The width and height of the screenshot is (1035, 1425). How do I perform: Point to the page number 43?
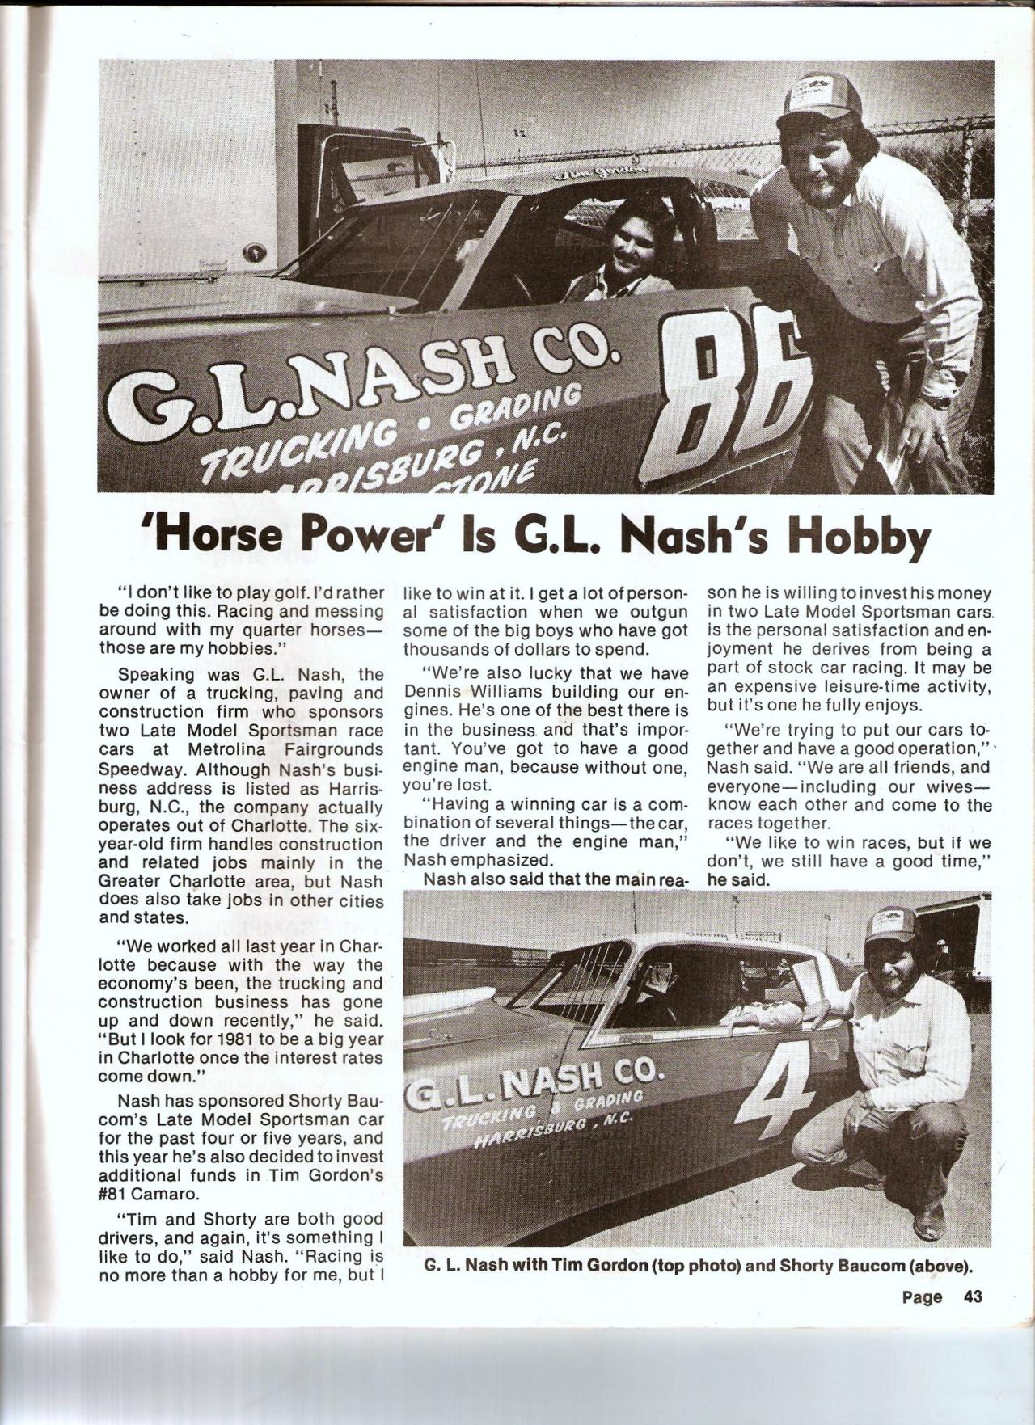pyautogui.click(x=971, y=1319)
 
